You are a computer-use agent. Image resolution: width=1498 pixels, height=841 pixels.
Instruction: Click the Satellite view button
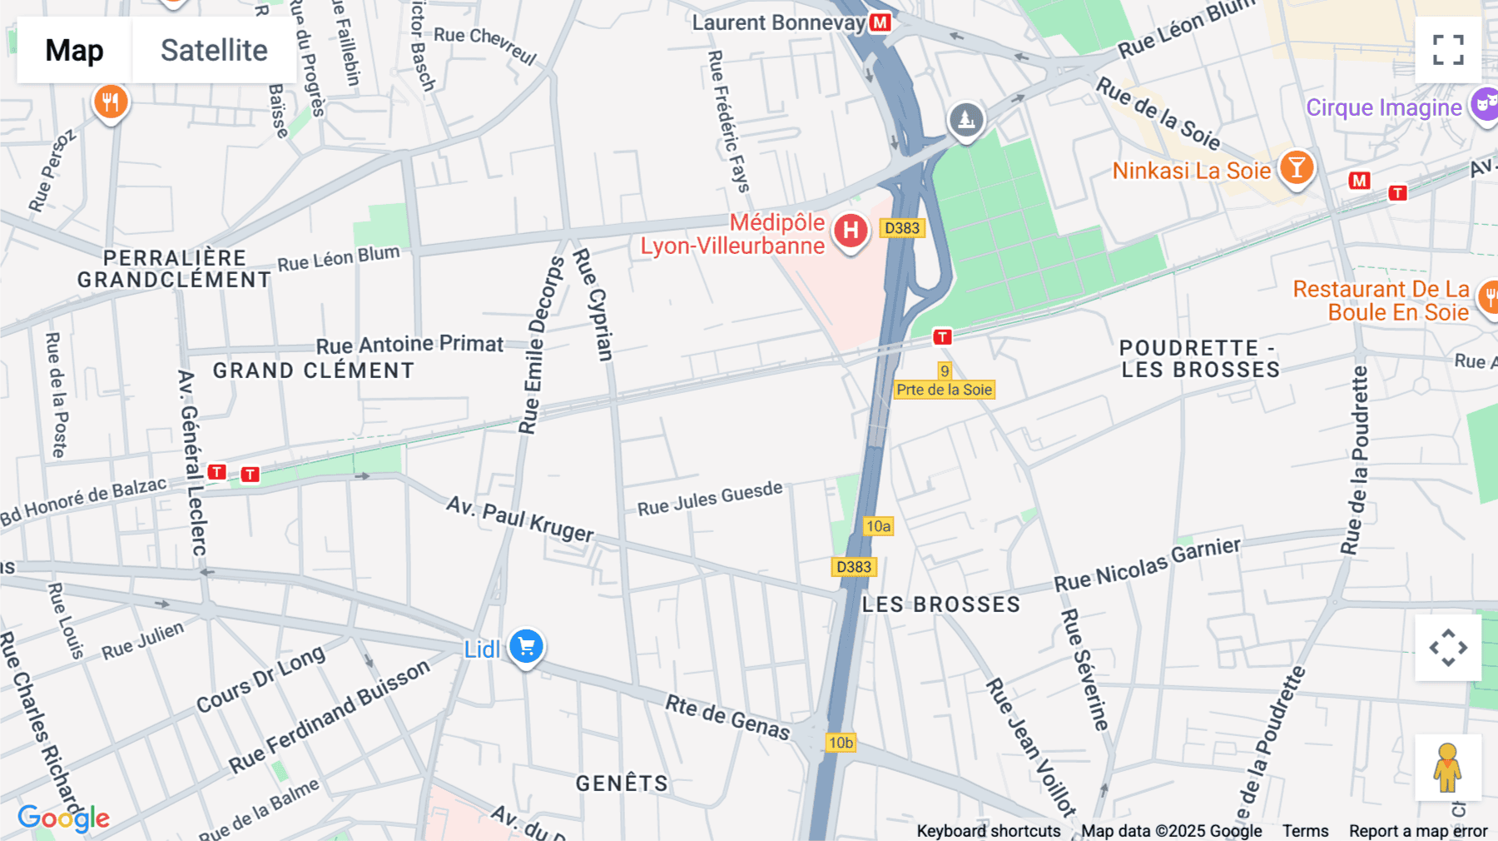pos(214,50)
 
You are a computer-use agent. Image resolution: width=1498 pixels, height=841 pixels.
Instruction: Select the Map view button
pos(74,50)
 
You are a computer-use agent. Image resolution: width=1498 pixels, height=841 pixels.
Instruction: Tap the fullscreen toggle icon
pos(1448,50)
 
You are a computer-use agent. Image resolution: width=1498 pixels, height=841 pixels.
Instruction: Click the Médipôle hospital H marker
pos(851,231)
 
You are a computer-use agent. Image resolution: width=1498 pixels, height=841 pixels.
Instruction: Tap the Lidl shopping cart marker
pos(526,646)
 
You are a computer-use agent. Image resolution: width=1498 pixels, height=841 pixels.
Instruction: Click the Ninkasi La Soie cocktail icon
pos(1296,167)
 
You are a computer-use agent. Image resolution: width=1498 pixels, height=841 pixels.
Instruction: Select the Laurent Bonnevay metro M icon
pos(880,22)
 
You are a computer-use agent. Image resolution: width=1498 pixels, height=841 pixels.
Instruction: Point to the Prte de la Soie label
pos(945,390)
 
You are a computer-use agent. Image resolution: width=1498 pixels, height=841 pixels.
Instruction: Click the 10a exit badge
pos(878,525)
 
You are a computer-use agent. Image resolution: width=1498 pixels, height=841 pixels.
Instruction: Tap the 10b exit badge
pos(841,742)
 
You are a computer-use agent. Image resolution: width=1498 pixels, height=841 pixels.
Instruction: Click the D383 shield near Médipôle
pos(902,228)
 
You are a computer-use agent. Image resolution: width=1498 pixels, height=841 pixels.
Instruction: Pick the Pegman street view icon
pos(1447,767)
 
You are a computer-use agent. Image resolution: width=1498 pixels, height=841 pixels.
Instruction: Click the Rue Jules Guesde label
pos(710,498)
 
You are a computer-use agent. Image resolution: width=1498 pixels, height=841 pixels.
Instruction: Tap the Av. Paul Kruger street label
pos(520,519)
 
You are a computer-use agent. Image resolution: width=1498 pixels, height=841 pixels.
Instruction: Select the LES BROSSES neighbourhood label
pos(941,605)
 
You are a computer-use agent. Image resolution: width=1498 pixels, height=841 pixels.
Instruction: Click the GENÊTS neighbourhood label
pos(622,784)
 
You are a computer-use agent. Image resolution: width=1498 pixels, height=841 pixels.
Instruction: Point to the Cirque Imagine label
pos(1383,107)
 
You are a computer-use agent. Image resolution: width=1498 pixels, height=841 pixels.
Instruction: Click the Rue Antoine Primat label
pos(409,344)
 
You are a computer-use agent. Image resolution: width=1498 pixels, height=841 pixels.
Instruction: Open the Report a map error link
pos(1418,831)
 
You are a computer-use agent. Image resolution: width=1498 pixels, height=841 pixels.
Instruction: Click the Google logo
pos(63,818)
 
